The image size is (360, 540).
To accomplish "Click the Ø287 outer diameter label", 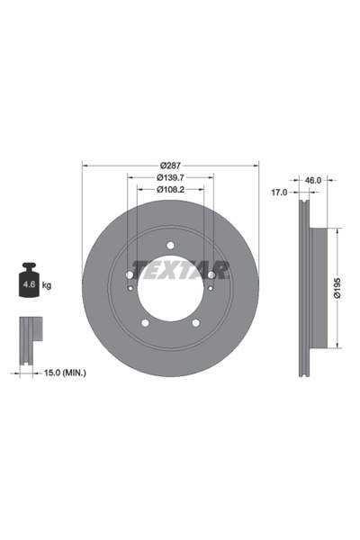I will click(x=170, y=165).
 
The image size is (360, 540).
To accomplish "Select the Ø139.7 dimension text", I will click(x=170, y=177).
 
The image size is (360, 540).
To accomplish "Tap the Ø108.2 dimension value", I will click(x=170, y=189).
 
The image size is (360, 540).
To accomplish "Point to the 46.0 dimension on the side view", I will click(x=313, y=181).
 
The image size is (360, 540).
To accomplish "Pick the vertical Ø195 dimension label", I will click(x=337, y=287).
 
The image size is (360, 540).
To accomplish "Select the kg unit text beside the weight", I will click(x=47, y=285).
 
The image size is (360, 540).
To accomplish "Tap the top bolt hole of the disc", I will click(x=170, y=243).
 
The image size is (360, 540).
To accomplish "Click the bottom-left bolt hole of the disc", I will click(x=145, y=322).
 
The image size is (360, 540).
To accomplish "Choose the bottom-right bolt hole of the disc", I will click(x=195, y=322).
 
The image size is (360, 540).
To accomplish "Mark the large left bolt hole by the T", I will click(x=130, y=274).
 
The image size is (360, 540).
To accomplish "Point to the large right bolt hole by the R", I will click(x=211, y=274).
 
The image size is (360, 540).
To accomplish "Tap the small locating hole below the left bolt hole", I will click(x=132, y=288).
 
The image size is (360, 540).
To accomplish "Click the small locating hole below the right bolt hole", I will click(x=209, y=288).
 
